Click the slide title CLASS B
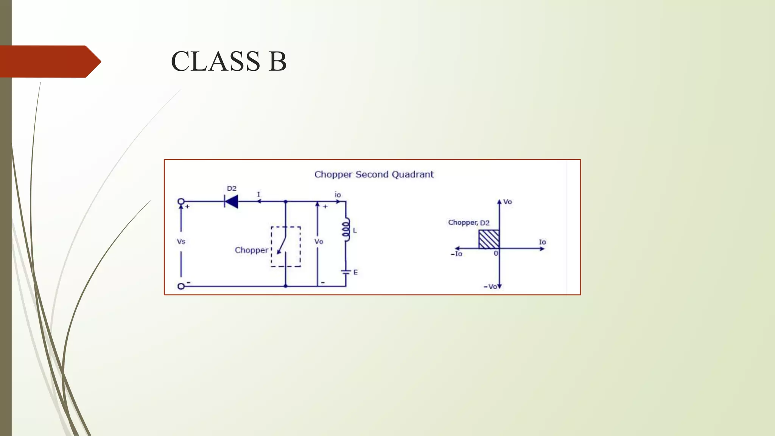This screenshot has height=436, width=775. (229, 61)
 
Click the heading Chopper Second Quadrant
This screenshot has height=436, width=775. (374, 174)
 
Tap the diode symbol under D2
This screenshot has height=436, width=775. (231, 202)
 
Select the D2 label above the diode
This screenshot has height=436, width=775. (232, 188)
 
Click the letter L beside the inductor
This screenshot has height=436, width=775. (355, 230)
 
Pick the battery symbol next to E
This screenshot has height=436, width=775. (346, 272)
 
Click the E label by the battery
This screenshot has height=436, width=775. (356, 272)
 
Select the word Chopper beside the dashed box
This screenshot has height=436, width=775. (251, 250)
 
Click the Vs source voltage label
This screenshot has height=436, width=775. (181, 241)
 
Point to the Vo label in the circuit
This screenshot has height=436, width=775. (319, 241)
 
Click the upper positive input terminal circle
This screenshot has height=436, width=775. (181, 201)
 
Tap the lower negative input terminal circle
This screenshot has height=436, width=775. (181, 286)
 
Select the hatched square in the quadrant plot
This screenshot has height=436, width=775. (489, 239)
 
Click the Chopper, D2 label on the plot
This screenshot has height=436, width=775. (469, 223)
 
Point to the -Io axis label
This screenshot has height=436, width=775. (457, 254)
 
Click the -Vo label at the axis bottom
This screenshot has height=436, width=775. (490, 287)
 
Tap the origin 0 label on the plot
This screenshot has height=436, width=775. (496, 254)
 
